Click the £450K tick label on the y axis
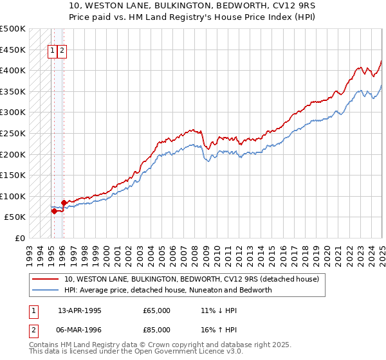point(13,50)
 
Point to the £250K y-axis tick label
point(13,133)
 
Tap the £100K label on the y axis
point(13,196)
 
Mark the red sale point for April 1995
point(53,211)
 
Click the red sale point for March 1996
point(64,203)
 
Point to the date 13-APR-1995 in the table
point(80,310)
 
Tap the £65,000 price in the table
point(157,310)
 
